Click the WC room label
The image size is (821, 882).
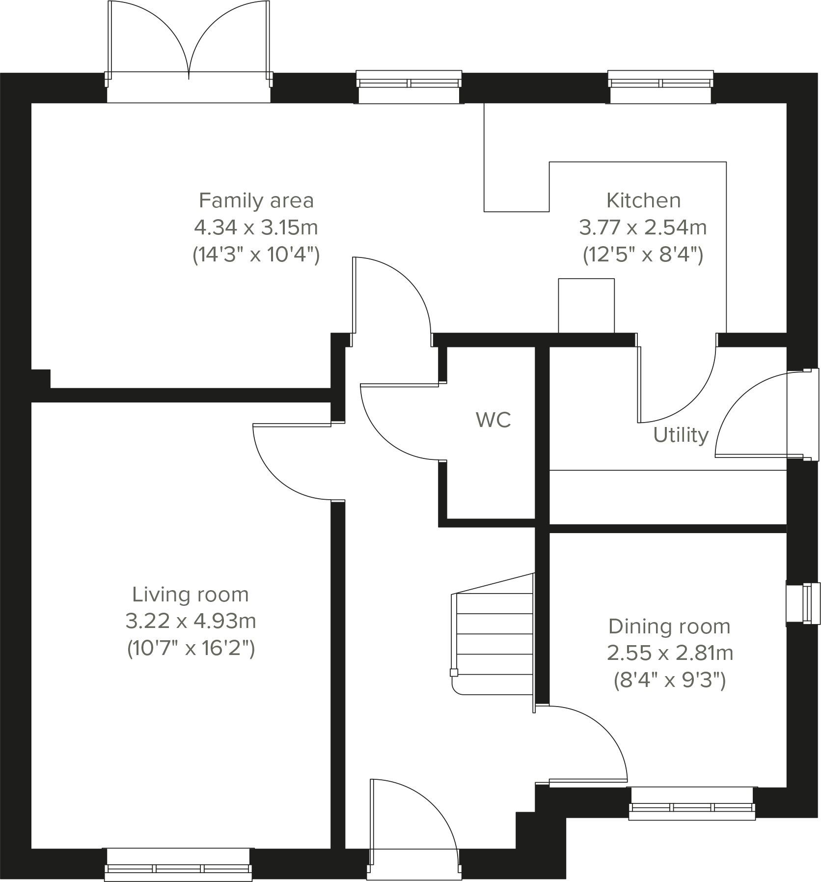493,420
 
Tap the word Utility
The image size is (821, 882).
681,435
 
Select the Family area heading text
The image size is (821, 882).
256,200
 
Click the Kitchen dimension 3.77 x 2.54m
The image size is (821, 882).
643,228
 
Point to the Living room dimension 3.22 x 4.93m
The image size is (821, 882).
191,622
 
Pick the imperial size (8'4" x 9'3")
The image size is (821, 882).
670,681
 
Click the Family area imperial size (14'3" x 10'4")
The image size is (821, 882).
256,255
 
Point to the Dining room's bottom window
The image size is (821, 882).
692,808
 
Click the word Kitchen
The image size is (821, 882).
643,200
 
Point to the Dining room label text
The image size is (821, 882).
669,626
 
